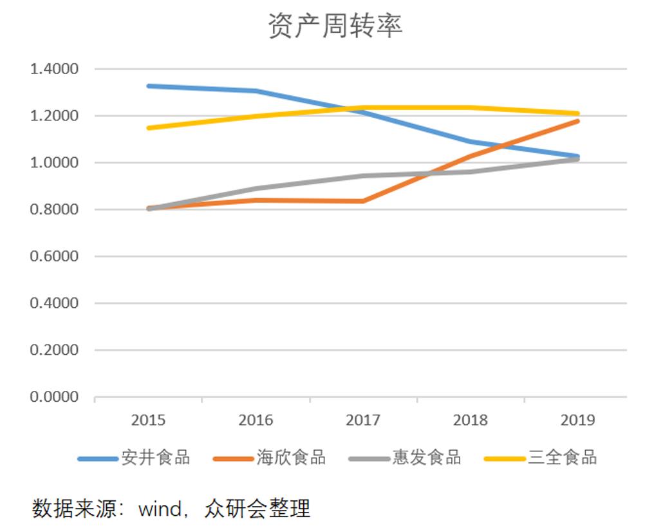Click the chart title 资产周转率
335,26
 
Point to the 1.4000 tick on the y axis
54,69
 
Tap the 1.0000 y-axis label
54,163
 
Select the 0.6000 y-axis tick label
54,256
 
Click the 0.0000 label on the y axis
54,397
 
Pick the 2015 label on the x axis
148,420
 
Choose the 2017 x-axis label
363,420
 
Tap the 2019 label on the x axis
578,420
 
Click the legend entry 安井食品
155,458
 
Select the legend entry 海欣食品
291,458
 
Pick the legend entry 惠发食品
426,458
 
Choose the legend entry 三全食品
562,458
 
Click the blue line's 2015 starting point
149,86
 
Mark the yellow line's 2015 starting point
149,127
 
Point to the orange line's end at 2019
578,120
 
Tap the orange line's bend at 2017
363,201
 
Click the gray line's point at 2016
256,189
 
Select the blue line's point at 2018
471,142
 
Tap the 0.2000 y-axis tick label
54,350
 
